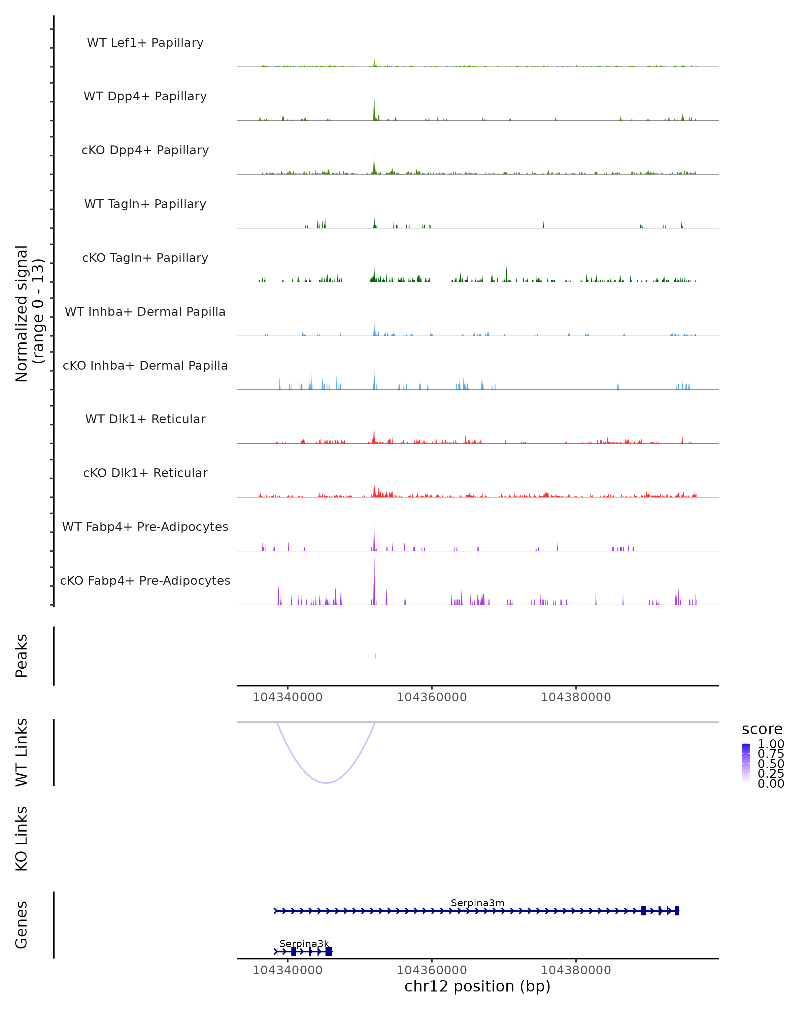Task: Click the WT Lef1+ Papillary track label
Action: tap(145, 43)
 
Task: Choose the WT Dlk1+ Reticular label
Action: tap(145, 419)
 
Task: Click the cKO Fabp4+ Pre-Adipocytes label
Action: tap(145, 580)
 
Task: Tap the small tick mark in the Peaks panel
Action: tap(375, 656)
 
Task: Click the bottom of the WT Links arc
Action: tap(326, 782)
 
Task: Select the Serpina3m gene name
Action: tap(477, 903)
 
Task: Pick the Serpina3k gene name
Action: tap(304, 943)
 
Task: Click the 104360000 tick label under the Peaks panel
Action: tap(431, 697)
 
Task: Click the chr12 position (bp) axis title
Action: tap(477, 986)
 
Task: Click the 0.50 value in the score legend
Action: tap(771, 764)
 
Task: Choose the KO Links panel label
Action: tap(22, 839)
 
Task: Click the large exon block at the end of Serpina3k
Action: tap(329, 951)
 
